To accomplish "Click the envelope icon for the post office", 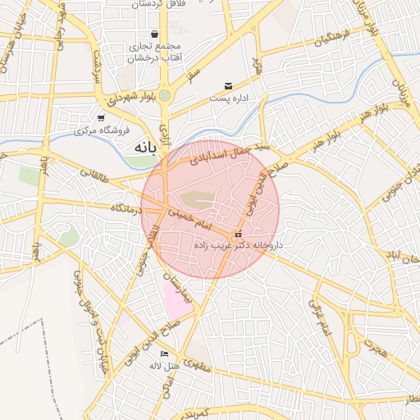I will coord(228,86).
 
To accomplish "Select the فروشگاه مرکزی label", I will coord(98,130).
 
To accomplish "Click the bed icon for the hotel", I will coord(164,354).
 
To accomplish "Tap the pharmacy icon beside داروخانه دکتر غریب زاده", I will coord(238,235).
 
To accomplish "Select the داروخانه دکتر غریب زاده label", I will coord(239,245).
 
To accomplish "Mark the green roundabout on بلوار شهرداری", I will coord(165,95).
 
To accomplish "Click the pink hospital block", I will coord(176,301).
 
